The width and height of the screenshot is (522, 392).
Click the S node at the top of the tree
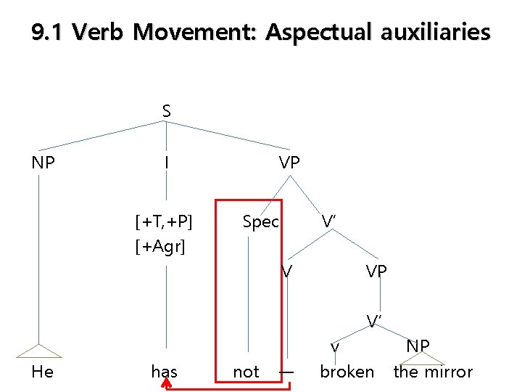pos(167,111)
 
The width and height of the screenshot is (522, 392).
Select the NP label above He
pos(43,163)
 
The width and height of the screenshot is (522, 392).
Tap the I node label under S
pos(167,163)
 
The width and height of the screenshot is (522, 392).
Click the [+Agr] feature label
pos(160,247)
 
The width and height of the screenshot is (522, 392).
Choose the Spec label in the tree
pos(260,221)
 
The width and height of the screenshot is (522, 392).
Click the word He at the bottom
pos(43,372)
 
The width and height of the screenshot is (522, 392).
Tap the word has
pos(165,372)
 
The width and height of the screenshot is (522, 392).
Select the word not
pos(246,372)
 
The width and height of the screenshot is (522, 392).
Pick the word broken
pos(347,372)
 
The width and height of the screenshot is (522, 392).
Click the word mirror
pos(448,372)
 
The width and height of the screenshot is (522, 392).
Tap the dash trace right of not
pos(287,372)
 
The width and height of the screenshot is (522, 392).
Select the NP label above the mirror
pos(418,346)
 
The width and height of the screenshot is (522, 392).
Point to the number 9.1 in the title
pos(48,33)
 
